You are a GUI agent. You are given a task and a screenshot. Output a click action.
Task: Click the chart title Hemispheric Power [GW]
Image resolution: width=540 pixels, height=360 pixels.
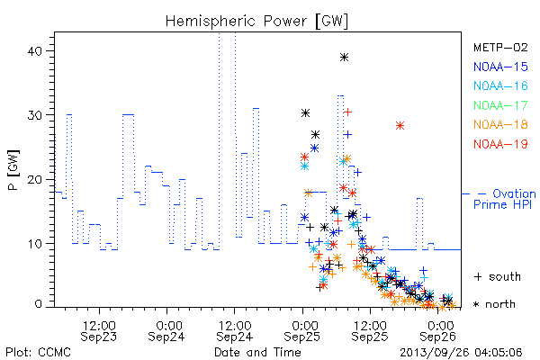coord(256,21)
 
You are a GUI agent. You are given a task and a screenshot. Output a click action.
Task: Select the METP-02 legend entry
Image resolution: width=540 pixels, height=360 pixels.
coord(500,47)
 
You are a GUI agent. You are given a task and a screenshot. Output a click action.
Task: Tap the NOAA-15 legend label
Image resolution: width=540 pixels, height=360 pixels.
coord(500,67)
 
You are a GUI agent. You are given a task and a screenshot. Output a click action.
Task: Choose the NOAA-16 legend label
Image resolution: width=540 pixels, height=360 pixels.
coord(500,85)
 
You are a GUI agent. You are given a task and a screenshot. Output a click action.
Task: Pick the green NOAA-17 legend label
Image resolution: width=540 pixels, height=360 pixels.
coord(500,105)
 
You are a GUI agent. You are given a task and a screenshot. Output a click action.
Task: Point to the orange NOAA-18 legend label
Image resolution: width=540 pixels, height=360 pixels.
coord(500,124)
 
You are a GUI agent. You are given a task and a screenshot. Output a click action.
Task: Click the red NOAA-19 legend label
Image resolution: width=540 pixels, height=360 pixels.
coord(500,144)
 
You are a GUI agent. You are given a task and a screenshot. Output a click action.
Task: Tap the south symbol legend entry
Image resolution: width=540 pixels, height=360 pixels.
coord(498,276)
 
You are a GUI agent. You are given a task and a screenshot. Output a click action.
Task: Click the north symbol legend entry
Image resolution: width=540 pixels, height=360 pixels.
coord(494,304)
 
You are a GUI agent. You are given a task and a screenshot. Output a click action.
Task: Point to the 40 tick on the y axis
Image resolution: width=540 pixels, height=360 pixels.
coord(34,51)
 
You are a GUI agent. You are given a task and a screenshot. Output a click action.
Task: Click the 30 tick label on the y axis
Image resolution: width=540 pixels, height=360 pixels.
coord(34,115)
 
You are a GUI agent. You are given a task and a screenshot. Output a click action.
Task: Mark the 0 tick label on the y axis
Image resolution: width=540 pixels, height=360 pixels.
coord(38,304)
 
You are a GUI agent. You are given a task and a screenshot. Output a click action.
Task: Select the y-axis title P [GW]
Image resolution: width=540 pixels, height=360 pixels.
coord(13,170)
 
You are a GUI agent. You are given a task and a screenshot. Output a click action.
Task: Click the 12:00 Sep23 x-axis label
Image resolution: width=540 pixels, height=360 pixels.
coord(99,331)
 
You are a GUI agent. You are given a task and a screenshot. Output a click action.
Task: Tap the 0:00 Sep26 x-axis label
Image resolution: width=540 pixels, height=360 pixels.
coord(438,331)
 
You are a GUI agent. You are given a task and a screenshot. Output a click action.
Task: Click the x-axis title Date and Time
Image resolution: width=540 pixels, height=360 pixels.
coord(257,353)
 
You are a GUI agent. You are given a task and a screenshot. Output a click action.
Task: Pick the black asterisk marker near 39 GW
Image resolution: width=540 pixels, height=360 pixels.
coord(344,58)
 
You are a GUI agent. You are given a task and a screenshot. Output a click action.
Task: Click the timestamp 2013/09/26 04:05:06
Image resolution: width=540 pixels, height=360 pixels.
coord(461,353)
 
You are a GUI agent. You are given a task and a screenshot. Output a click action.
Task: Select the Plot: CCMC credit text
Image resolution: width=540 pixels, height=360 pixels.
coord(38,353)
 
